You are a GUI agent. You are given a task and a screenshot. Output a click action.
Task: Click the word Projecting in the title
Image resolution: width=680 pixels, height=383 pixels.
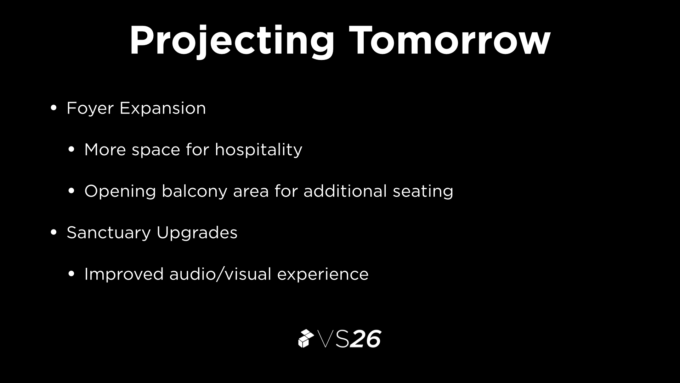[232, 41]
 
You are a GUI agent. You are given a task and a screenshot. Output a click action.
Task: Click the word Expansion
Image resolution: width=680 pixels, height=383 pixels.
[163, 109]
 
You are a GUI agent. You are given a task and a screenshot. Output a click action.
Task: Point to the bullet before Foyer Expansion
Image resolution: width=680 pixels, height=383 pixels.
[53, 108]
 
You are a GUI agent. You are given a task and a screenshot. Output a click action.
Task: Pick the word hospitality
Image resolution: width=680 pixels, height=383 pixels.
[259, 150]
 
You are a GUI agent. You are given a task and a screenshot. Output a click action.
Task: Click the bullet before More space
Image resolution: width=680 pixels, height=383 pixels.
[71, 149]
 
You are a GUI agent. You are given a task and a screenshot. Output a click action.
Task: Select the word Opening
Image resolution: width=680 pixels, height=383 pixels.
[120, 191]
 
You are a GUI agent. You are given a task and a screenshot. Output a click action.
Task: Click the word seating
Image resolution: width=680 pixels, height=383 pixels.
[423, 191]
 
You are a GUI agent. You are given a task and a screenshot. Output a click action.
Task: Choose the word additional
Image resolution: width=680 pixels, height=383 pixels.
[345, 191]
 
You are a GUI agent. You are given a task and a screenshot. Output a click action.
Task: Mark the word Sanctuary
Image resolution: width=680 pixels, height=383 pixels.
[109, 233]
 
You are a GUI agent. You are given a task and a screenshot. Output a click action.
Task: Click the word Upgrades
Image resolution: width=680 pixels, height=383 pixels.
[197, 233]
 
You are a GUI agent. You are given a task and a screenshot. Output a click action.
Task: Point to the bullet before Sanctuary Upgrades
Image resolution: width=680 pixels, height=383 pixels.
[53, 232]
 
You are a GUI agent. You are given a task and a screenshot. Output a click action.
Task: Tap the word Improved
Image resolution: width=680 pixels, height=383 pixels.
[124, 274]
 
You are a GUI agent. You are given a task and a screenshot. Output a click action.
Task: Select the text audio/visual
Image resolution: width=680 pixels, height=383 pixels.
[220, 274]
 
